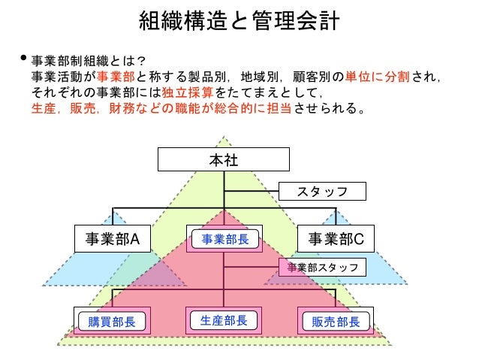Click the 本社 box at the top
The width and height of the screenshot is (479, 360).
[224, 159]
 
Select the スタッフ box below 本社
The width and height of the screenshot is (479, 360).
[322, 192]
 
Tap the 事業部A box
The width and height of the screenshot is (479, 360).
[113, 239]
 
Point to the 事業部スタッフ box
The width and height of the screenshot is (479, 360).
[323, 267]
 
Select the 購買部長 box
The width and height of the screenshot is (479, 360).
[112, 322]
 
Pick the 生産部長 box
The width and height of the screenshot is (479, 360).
[224, 321]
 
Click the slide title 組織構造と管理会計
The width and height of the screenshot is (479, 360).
[239, 21]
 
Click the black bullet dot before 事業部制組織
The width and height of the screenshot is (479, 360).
[23, 57]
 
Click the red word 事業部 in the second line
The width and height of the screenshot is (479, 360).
[118, 76]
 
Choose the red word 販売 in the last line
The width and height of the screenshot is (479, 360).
[83, 110]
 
